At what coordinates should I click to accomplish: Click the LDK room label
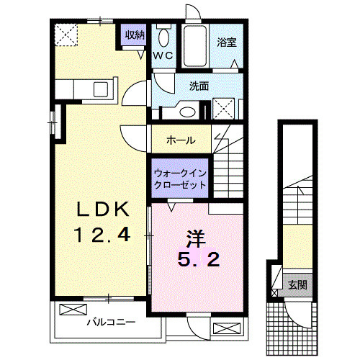pyautogui.click(x=104, y=209)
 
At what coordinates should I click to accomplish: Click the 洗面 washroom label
pyautogui.click(x=199, y=86)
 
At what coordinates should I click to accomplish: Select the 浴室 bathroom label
pyautogui.click(x=228, y=42)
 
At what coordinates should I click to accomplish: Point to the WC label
pyautogui.click(x=163, y=55)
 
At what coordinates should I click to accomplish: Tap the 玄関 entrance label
pyautogui.click(x=297, y=284)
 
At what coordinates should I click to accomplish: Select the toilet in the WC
pyautogui.click(x=163, y=37)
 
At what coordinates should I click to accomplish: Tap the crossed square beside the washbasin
pyautogui.click(x=224, y=109)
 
